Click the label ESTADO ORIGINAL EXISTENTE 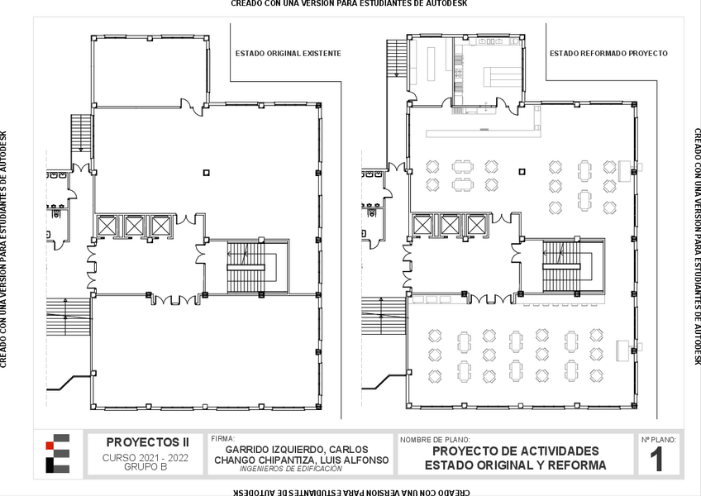click(x=289, y=54)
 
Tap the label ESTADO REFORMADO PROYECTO click(x=608, y=54)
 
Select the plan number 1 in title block click(x=656, y=460)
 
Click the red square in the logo click(x=50, y=446)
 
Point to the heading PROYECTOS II click(x=147, y=442)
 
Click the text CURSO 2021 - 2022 click(x=145, y=458)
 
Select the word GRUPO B click(x=145, y=467)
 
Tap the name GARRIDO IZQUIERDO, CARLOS click(x=297, y=450)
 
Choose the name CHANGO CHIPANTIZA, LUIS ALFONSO click(x=302, y=460)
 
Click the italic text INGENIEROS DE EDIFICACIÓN click(x=291, y=469)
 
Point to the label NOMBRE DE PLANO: click(x=435, y=440)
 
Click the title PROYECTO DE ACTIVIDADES click(x=516, y=451)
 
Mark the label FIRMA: click(x=222, y=439)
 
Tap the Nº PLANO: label click(x=659, y=440)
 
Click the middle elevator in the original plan click(x=134, y=226)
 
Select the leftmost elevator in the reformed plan click(x=422, y=225)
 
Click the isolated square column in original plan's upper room click(x=206, y=173)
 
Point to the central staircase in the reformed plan click(x=562, y=266)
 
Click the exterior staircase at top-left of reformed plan click(x=397, y=58)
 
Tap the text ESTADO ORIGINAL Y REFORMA click(x=516, y=465)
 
